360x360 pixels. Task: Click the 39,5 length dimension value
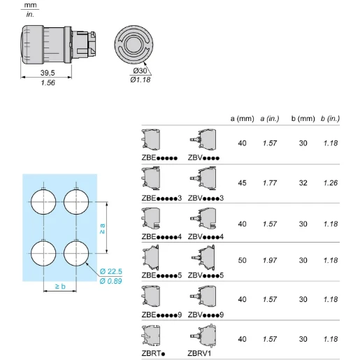coord(48,73)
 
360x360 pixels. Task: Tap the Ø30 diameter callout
coord(140,71)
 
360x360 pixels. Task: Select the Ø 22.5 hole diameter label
coord(111,271)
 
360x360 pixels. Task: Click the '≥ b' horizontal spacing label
coord(60,286)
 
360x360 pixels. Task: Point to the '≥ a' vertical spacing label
coord(102,229)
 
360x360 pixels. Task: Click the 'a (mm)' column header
coord(242,119)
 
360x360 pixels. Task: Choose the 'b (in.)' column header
coord(330,119)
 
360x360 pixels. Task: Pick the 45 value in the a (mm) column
coord(242,183)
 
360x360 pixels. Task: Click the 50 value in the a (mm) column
coord(242,260)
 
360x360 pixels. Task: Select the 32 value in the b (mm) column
coord(303,183)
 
